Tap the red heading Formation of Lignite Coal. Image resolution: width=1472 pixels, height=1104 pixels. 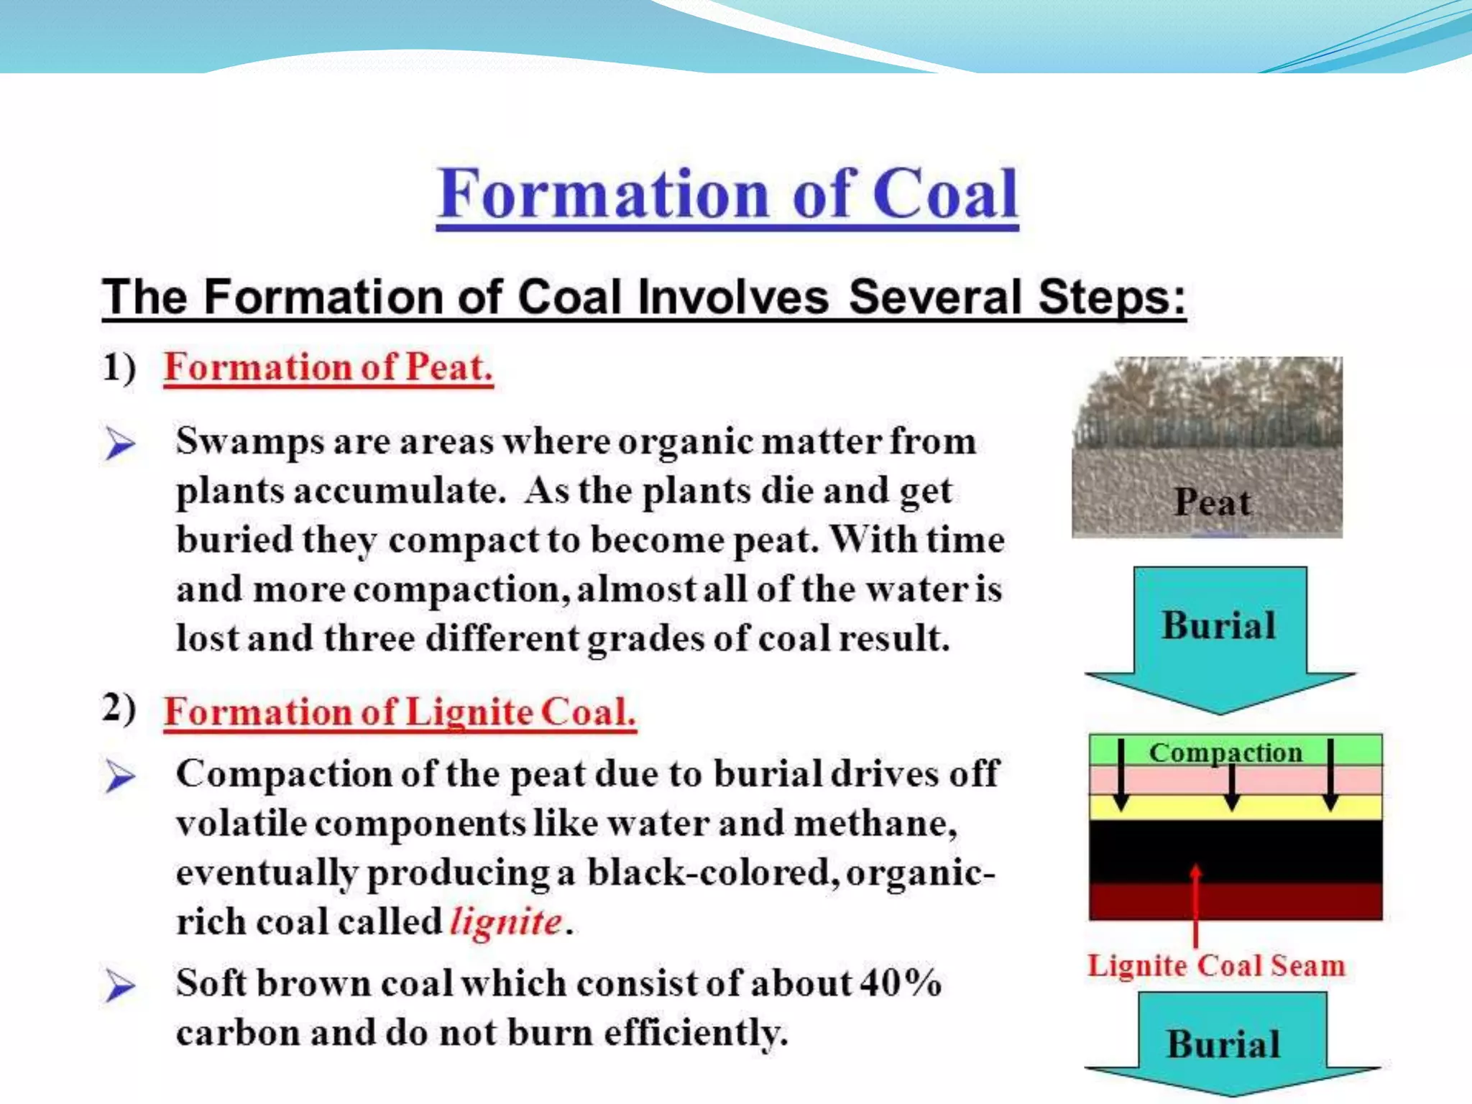[400, 712]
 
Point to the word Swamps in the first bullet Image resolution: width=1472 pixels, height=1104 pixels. [249, 441]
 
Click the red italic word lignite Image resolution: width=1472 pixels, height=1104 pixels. [505, 921]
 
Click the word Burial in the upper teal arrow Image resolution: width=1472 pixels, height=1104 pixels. [1218, 625]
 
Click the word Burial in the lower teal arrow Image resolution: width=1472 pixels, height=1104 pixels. [1223, 1044]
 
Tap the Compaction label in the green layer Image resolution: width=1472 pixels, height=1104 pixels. [1225, 752]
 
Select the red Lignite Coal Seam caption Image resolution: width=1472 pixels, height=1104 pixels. [1215, 965]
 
